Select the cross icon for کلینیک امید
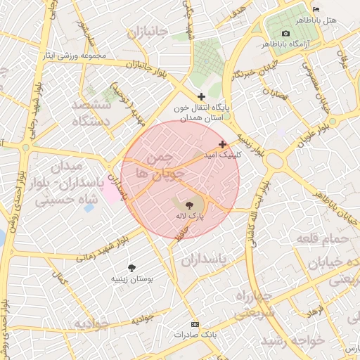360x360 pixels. coord(223,143)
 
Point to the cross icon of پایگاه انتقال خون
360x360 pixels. coord(202,96)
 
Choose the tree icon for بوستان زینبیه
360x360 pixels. coord(131,267)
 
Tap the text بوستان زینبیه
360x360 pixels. coord(131,278)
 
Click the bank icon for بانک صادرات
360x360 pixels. coord(195,324)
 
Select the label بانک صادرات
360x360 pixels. coord(195,335)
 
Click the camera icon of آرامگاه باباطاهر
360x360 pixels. coord(285,33)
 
